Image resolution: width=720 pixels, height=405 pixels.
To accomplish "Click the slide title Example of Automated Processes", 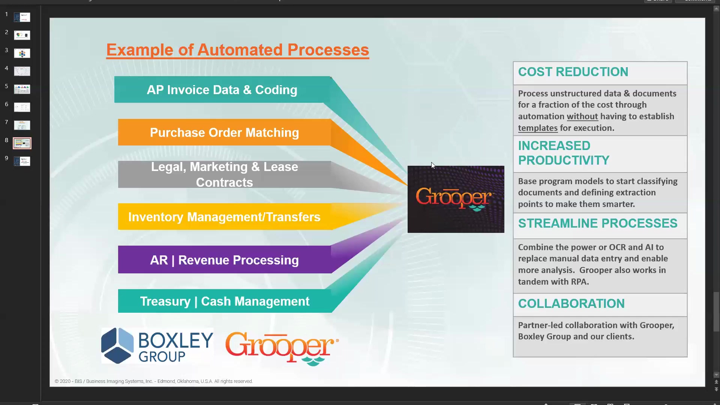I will pyautogui.click(x=237, y=50).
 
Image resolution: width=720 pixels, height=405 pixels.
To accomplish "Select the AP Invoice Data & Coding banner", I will pyautogui.click(x=222, y=90).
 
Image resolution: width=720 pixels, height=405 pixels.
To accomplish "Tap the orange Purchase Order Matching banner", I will pyautogui.click(x=224, y=132).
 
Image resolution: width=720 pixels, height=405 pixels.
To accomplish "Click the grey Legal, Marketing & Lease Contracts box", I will pyautogui.click(x=224, y=174).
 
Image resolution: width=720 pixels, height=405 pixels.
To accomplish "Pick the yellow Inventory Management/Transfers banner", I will pyautogui.click(x=224, y=217).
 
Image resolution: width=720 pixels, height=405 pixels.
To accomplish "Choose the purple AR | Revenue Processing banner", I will pyautogui.click(x=224, y=259).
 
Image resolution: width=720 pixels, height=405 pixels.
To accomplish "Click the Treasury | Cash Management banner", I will pyautogui.click(x=224, y=301).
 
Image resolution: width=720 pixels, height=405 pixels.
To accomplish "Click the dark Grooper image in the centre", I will pyautogui.click(x=456, y=199).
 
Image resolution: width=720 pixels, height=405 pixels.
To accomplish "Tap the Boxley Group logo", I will pyautogui.click(x=157, y=346).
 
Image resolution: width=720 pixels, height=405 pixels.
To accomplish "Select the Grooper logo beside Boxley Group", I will pyautogui.click(x=282, y=348).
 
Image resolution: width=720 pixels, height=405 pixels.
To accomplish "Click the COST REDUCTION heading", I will pyautogui.click(x=573, y=72).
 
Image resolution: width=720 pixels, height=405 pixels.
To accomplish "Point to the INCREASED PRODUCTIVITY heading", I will pyautogui.click(x=564, y=153).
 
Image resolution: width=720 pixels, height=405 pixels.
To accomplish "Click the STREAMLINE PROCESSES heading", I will pyautogui.click(x=597, y=223).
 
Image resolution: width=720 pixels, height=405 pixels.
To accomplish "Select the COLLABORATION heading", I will pyautogui.click(x=571, y=304).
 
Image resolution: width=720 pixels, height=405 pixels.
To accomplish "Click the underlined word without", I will pyautogui.click(x=582, y=117).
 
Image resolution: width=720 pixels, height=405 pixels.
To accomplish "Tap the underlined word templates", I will pyautogui.click(x=538, y=128).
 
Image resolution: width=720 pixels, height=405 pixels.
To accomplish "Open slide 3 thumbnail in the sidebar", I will pyautogui.click(x=22, y=53).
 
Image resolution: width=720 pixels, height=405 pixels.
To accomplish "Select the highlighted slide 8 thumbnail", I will pyautogui.click(x=22, y=143).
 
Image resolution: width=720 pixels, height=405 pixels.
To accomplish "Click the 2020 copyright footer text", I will pyautogui.click(x=154, y=381).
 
